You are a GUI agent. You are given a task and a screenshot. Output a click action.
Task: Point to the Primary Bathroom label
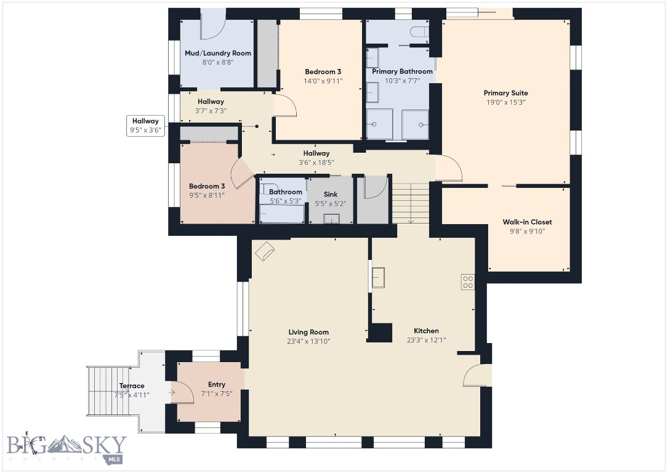(x=402, y=71)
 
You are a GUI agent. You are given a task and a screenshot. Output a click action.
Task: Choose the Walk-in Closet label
(x=527, y=222)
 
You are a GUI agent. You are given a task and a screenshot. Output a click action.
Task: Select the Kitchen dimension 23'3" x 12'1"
(x=426, y=340)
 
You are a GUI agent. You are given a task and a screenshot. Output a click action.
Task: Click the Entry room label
(x=217, y=384)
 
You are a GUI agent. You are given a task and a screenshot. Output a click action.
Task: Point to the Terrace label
(x=132, y=386)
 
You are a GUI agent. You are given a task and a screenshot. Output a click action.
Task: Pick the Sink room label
(x=331, y=195)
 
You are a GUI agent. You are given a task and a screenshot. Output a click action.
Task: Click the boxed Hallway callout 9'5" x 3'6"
(x=146, y=125)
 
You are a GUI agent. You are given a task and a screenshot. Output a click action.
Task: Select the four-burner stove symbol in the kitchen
(x=468, y=282)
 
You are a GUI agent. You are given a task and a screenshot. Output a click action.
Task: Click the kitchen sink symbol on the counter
(x=378, y=278)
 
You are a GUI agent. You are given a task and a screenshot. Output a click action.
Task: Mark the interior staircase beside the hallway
(x=410, y=203)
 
